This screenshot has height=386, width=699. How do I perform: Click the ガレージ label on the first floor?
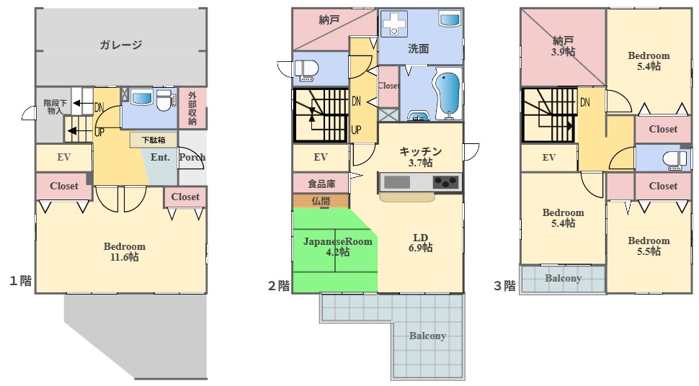tap(120, 45)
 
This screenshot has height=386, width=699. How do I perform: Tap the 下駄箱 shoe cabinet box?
tap(153, 140)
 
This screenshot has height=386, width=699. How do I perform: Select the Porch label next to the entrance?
tap(192, 157)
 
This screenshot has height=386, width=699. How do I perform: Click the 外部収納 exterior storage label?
tap(192, 108)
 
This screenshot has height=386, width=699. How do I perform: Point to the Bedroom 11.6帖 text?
tap(124, 251)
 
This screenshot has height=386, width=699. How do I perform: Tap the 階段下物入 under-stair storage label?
tap(55, 107)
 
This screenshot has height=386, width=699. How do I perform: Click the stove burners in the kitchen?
tap(445, 182)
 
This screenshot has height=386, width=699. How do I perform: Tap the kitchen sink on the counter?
tap(397, 182)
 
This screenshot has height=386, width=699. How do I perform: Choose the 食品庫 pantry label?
tap(321, 184)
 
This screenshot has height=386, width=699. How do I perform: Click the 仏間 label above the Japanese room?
tap(321, 201)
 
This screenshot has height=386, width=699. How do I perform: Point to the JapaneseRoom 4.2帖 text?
tap(337, 246)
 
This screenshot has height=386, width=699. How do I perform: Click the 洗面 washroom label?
tap(419, 49)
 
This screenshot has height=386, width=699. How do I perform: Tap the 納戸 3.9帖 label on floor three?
tap(564, 46)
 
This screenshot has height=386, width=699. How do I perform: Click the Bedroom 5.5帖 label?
tap(648, 246)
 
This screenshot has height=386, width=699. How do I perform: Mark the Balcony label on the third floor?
tap(563, 278)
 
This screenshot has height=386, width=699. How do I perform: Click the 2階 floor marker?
tap(279, 286)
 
